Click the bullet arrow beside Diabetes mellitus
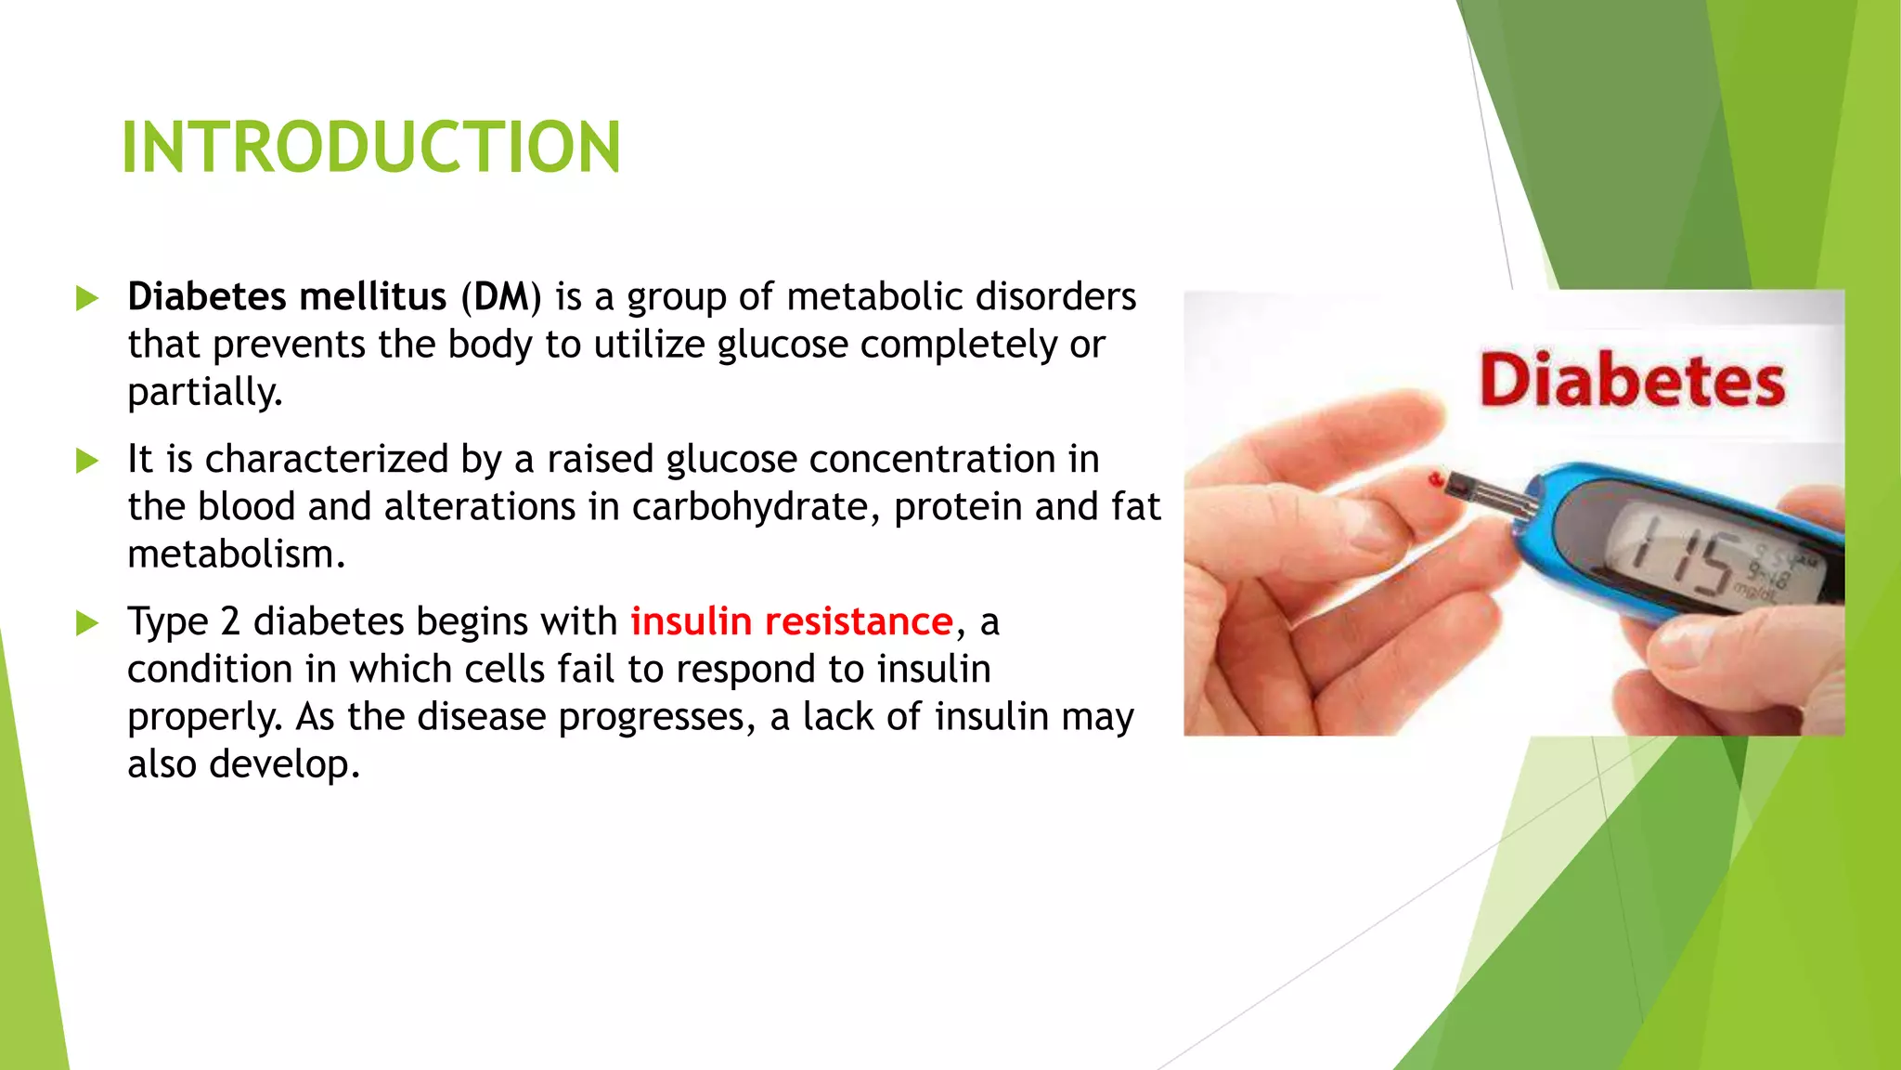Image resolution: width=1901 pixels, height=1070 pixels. coord(87,299)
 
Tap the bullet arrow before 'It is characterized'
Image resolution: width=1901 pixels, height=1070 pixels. coord(87,461)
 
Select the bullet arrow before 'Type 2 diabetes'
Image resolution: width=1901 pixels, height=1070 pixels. coord(87,623)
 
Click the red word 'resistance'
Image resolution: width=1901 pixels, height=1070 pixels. coord(859,621)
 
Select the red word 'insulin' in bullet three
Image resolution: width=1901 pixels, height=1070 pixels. coord(691,621)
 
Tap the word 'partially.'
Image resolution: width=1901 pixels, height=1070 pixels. coord(204,393)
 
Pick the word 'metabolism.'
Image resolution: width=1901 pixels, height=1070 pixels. coord(236,555)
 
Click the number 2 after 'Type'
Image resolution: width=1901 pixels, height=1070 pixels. coord(230,621)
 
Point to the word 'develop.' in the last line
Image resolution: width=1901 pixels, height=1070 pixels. coord(284,764)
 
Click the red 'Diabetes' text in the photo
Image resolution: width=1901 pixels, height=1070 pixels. coord(1632,380)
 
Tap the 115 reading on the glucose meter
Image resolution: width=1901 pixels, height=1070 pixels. coord(1680,559)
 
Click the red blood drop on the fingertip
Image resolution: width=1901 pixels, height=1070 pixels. coord(1436,480)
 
